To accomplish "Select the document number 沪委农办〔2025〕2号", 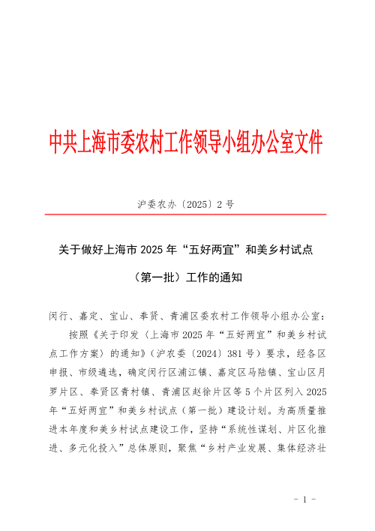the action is (187, 203).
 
